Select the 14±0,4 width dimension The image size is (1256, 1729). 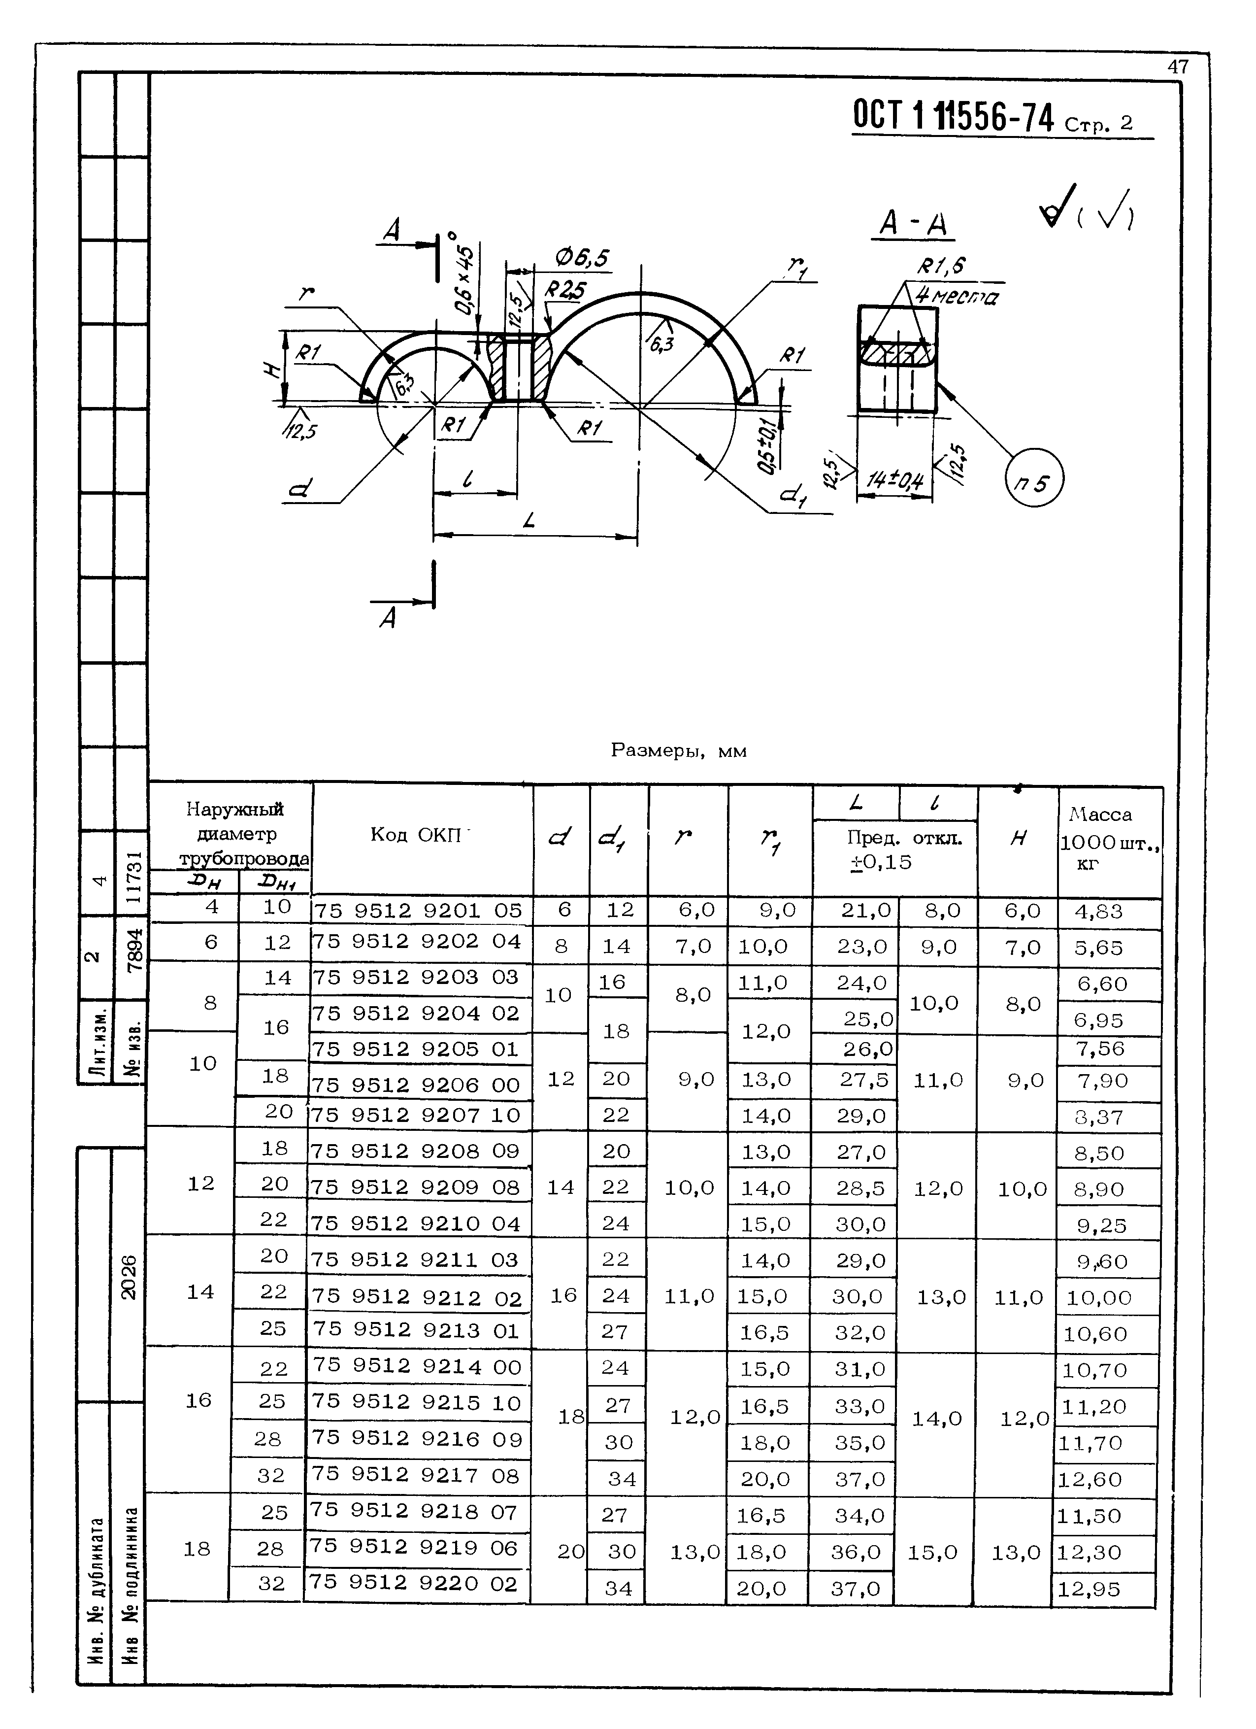pyautogui.click(x=895, y=480)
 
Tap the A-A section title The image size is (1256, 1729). pyautogui.click(x=913, y=224)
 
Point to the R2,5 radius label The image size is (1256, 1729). pyautogui.click(x=565, y=290)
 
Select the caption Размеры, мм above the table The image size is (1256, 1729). pyautogui.click(x=678, y=751)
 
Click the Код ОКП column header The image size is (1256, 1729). pyautogui.click(x=418, y=835)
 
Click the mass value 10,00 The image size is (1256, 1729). pyautogui.click(x=1098, y=1297)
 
